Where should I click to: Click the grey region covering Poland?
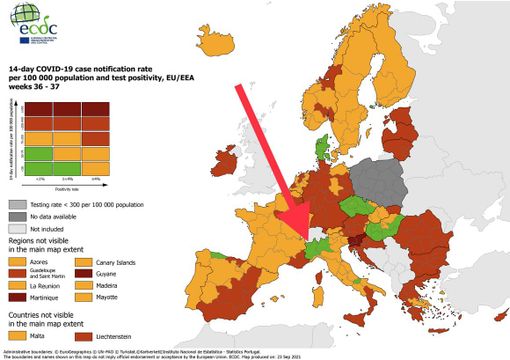379,185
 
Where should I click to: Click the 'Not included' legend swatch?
16,228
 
